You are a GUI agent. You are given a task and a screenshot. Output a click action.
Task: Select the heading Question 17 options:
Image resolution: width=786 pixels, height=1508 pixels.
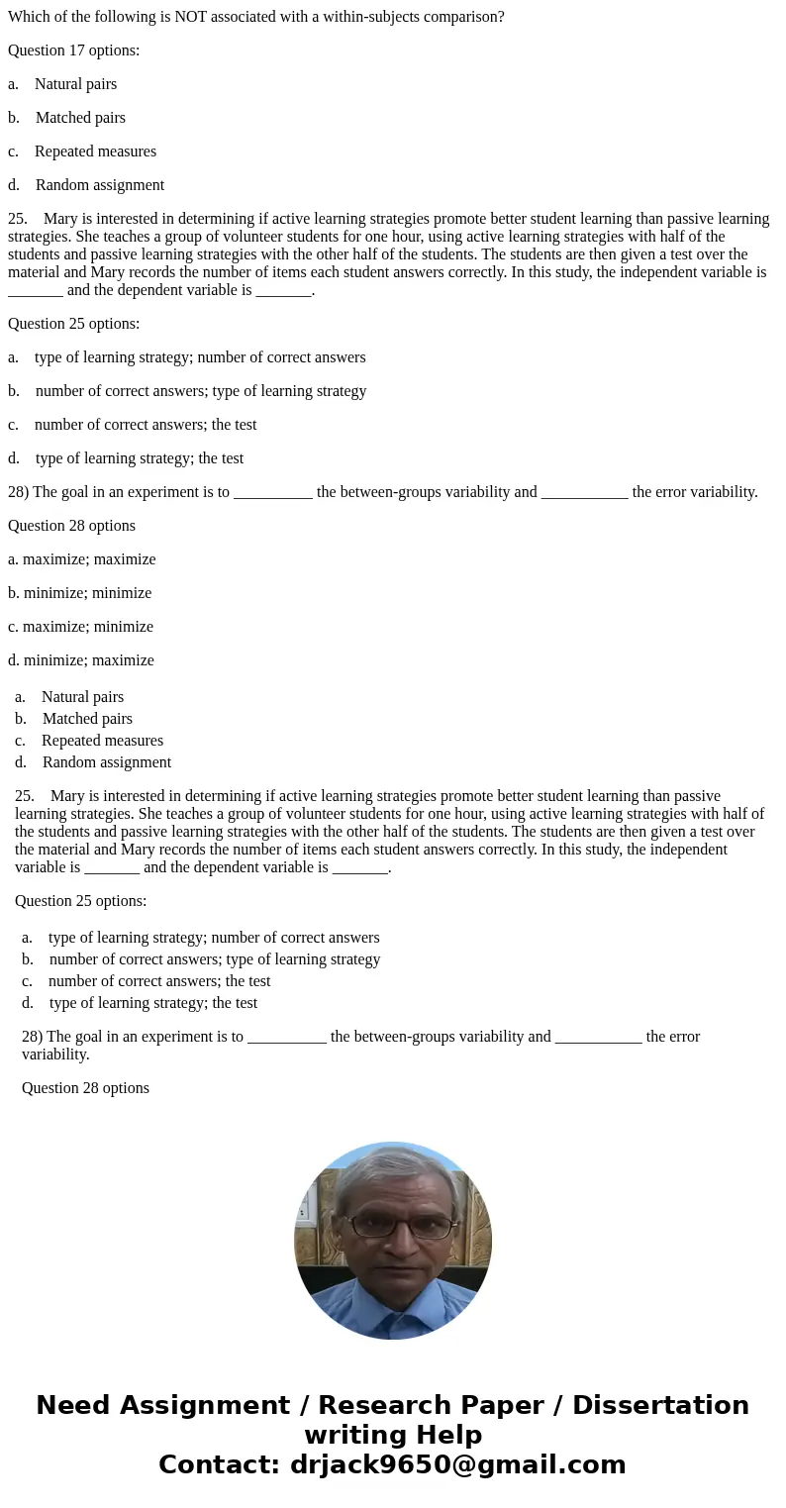point(73,50)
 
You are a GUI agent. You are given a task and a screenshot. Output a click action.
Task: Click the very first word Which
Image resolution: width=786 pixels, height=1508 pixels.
point(28,17)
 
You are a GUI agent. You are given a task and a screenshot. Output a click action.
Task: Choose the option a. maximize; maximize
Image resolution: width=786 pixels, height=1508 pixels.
point(82,559)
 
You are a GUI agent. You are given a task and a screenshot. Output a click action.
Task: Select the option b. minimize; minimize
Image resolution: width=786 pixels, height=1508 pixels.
point(80,593)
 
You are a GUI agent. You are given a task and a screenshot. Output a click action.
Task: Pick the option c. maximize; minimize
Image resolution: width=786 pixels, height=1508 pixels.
point(81,627)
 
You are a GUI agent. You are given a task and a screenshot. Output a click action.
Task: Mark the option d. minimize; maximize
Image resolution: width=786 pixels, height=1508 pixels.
point(81,660)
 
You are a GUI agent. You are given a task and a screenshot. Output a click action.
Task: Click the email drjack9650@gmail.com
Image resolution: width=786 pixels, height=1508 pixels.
point(457,1465)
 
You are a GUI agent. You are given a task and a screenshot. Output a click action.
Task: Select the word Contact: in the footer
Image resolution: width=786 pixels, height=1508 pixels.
point(219,1465)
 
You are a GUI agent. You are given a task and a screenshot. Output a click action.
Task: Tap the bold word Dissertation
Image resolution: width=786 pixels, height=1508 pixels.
point(660,1406)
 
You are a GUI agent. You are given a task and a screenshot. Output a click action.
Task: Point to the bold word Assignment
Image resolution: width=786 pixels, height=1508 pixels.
point(205,1406)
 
